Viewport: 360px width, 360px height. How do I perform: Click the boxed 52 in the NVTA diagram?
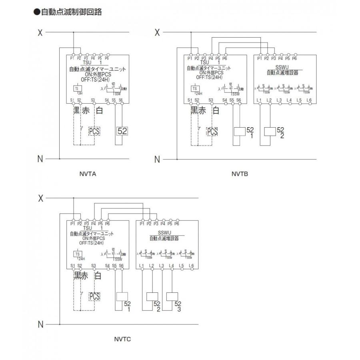click(122, 131)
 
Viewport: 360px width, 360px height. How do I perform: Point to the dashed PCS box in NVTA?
click(94, 131)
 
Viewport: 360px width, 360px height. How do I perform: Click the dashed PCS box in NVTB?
click(212, 131)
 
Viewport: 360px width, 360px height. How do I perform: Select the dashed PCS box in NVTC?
click(94, 296)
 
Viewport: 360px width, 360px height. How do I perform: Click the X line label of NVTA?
click(40, 33)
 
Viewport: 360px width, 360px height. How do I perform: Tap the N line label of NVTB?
click(157, 159)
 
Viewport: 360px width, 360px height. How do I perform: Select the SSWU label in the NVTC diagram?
click(164, 232)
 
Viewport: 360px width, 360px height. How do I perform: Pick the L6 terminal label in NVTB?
click(308, 100)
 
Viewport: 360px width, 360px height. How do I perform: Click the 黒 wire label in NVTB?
click(194, 110)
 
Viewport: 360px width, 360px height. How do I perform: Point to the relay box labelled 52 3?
click(172, 296)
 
